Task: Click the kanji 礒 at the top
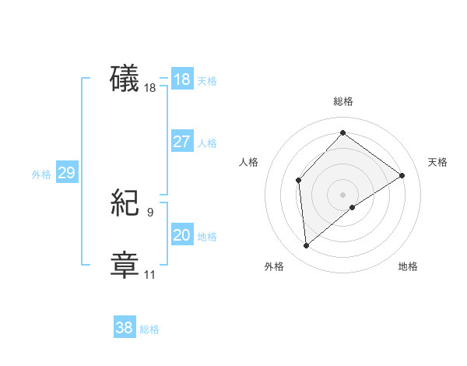point(125,79)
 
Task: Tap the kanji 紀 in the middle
point(125,204)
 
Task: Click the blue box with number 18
point(181,79)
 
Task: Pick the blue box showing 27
point(181,142)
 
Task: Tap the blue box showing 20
point(181,235)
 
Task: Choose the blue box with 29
point(66,173)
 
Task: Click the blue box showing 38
point(124,328)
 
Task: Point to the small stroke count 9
point(150,211)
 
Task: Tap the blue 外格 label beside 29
point(41,174)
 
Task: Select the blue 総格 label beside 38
point(149,329)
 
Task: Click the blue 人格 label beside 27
point(207,143)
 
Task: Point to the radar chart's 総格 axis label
point(343,101)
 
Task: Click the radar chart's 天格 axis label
point(437,162)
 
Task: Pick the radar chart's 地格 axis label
point(408,266)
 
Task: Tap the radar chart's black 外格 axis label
point(274,266)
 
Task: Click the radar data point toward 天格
point(402,175)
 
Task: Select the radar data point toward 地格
point(353,207)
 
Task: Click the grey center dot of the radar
point(342,194)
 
